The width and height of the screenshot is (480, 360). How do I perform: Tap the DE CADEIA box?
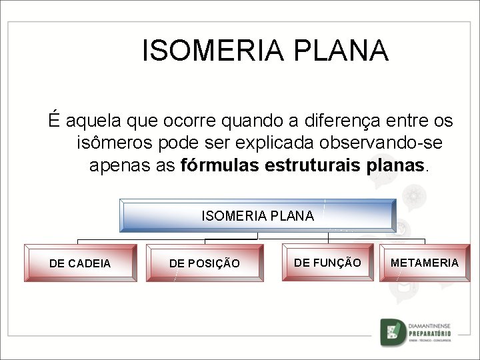(x=80, y=263)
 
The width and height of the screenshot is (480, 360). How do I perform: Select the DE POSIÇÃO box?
(x=204, y=263)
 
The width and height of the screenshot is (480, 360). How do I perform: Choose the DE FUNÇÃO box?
(x=327, y=263)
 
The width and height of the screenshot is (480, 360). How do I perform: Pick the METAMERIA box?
(x=425, y=263)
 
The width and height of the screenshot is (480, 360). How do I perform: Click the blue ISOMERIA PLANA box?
(x=257, y=215)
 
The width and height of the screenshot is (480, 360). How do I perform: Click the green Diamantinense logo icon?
(x=393, y=332)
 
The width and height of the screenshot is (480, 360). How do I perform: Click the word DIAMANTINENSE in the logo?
(x=430, y=325)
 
